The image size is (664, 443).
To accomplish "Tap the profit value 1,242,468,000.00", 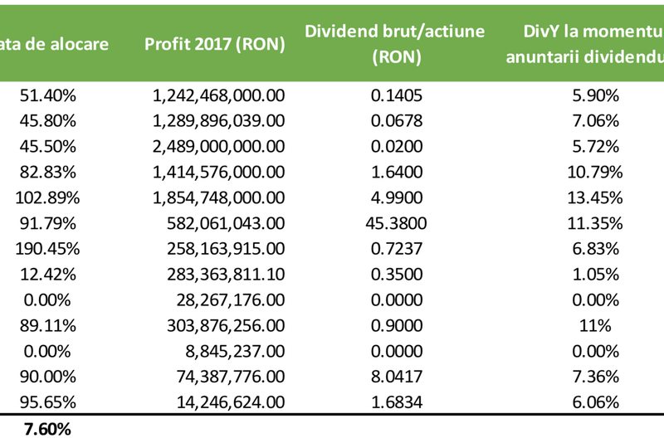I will [x=219, y=95].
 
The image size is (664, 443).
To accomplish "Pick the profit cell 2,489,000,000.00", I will [x=219, y=146].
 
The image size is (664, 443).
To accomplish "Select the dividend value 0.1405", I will [x=397, y=95].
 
